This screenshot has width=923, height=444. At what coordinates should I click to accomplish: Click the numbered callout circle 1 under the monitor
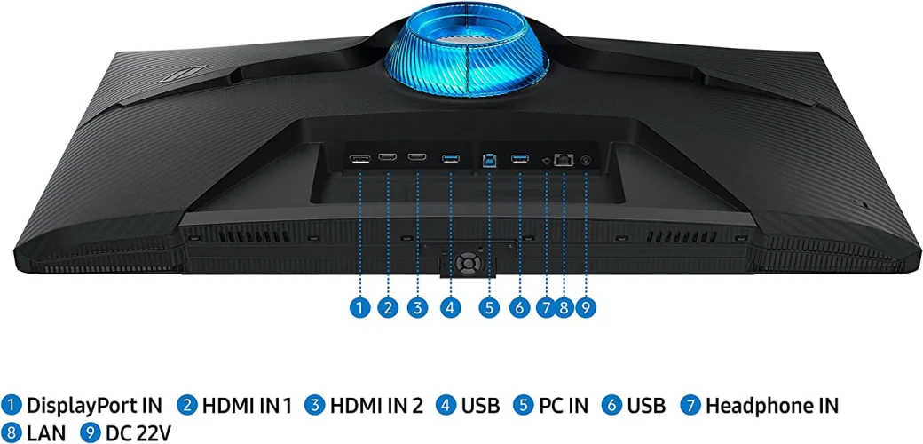[x=359, y=308]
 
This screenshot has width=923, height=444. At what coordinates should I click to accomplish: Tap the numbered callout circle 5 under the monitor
[x=489, y=308]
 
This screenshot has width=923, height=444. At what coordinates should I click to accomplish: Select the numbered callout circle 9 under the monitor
[x=584, y=308]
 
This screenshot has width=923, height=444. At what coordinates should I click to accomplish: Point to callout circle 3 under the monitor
[x=416, y=308]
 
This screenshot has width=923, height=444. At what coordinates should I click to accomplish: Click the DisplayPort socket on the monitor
[x=359, y=160]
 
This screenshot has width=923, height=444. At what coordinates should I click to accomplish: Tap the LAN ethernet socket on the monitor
[x=564, y=160]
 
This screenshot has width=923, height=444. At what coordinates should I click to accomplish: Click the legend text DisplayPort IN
[x=94, y=406]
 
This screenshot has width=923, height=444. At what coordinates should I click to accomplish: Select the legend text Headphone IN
[x=771, y=406]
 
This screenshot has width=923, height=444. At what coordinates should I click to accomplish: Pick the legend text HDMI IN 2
[x=376, y=406]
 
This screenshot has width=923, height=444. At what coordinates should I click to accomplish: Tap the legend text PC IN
[x=563, y=406]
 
